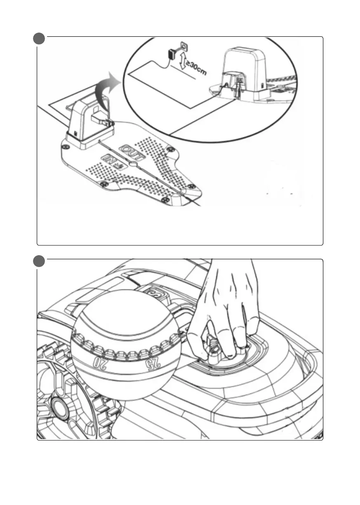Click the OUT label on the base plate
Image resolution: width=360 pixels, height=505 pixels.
pos(132,153)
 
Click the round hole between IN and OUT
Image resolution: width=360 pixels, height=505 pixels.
pos(133,164)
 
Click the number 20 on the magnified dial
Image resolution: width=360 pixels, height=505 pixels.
pos(100,363)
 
